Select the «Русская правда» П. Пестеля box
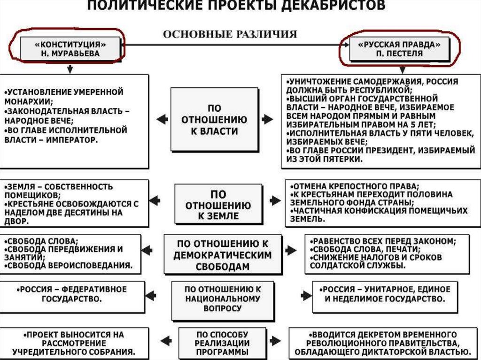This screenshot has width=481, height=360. [400, 49]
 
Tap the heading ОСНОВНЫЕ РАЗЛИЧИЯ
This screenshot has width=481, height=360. [230, 34]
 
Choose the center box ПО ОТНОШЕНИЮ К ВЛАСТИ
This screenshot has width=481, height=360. [214, 120]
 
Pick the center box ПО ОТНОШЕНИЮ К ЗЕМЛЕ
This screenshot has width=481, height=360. [218, 205]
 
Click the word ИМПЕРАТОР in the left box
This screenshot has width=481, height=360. [73, 140]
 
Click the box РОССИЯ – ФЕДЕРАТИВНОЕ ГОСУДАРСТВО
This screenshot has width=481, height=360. [73, 293]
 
